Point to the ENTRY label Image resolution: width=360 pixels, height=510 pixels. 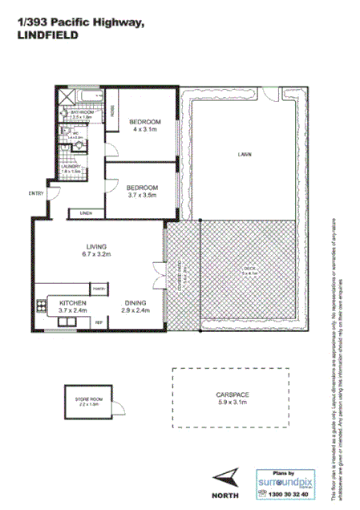pos(36,193)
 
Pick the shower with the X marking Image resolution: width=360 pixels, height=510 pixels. pos(67,96)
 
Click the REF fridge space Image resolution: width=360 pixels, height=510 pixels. pos(99,322)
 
